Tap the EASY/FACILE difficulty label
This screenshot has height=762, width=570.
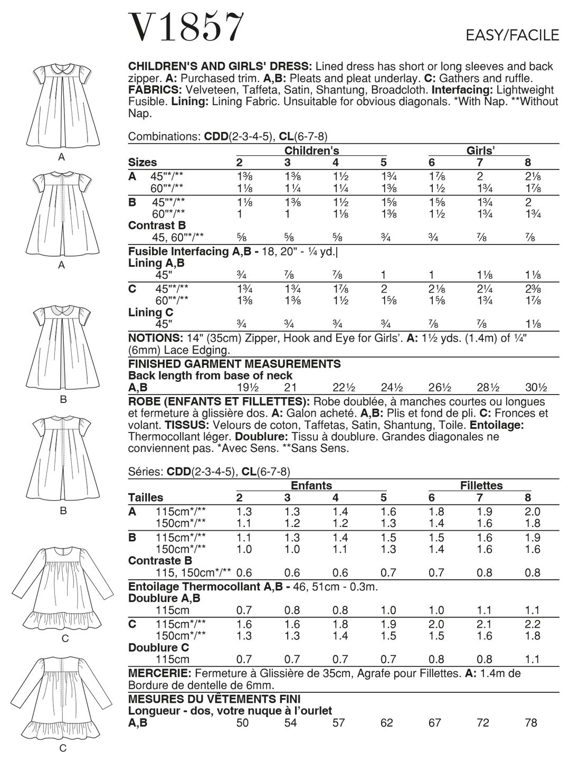(512, 35)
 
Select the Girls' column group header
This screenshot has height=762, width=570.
(480, 150)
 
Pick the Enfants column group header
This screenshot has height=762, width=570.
(311, 485)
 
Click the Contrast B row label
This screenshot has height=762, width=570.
(157, 225)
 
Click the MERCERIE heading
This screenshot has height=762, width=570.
(159, 673)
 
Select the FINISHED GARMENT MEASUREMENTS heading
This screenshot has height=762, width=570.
(234, 364)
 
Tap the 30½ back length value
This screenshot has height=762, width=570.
(536, 388)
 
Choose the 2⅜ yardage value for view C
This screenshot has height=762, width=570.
(533, 289)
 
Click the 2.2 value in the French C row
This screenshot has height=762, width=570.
(533, 624)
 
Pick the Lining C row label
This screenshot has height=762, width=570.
(150, 312)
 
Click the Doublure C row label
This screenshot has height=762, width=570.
(158, 647)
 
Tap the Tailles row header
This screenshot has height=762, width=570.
(146, 497)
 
